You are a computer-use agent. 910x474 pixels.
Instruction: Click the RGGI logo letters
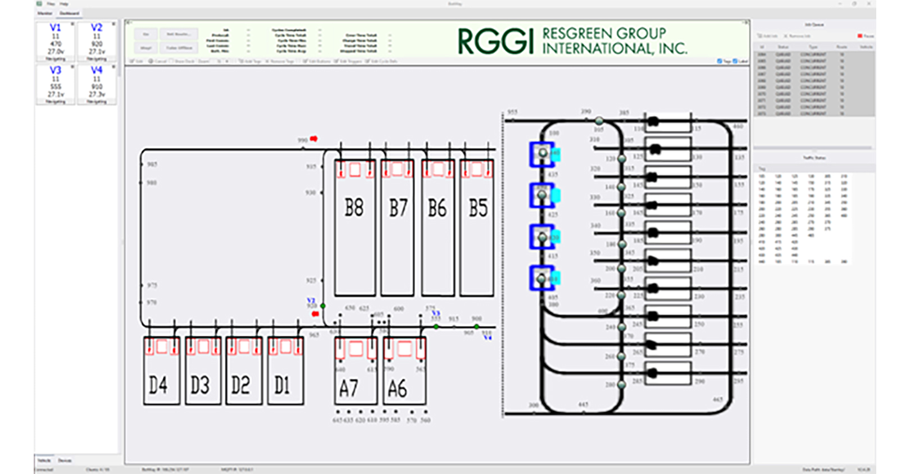pyautogui.click(x=495, y=42)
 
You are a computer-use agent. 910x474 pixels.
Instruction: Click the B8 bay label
pyautogui.click(x=354, y=208)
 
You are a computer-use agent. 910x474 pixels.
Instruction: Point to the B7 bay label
pyautogui.click(x=398, y=208)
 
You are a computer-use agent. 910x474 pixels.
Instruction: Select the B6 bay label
pyautogui.click(x=437, y=208)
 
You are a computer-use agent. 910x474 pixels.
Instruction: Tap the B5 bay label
pyautogui.click(x=478, y=208)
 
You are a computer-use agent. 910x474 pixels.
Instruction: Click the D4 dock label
pyautogui.click(x=158, y=385)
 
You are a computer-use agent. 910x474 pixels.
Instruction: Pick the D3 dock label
pyautogui.click(x=199, y=385)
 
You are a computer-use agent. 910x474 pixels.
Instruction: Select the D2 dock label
pyautogui.click(x=241, y=385)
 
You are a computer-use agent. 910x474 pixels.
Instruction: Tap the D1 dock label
pyautogui.click(x=282, y=385)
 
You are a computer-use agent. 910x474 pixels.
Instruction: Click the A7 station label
pyautogui.click(x=348, y=388)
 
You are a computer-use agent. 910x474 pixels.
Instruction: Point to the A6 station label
pyautogui.click(x=397, y=388)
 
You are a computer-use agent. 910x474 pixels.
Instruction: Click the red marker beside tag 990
pyautogui.click(x=314, y=139)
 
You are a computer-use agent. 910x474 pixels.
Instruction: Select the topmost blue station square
pyautogui.click(x=542, y=154)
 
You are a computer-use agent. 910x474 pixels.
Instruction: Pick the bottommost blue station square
pyautogui.click(x=542, y=279)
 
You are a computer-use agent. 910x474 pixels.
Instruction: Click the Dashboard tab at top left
pyautogui.click(x=70, y=13)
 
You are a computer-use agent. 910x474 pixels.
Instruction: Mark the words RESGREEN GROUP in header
pyautogui.click(x=604, y=34)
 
